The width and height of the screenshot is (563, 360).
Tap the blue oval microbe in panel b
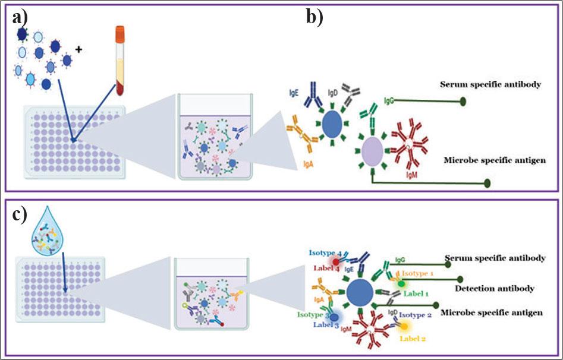click(x=332, y=125)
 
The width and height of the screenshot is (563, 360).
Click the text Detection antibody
click(x=493, y=288)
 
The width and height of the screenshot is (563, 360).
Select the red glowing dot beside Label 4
click(x=336, y=262)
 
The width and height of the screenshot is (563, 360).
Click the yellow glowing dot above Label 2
click(x=404, y=325)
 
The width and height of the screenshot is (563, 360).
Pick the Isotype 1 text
click(x=420, y=273)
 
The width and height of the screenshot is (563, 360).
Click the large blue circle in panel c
click(x=359, y=292)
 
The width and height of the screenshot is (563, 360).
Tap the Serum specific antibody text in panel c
click(x=495, y=258)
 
